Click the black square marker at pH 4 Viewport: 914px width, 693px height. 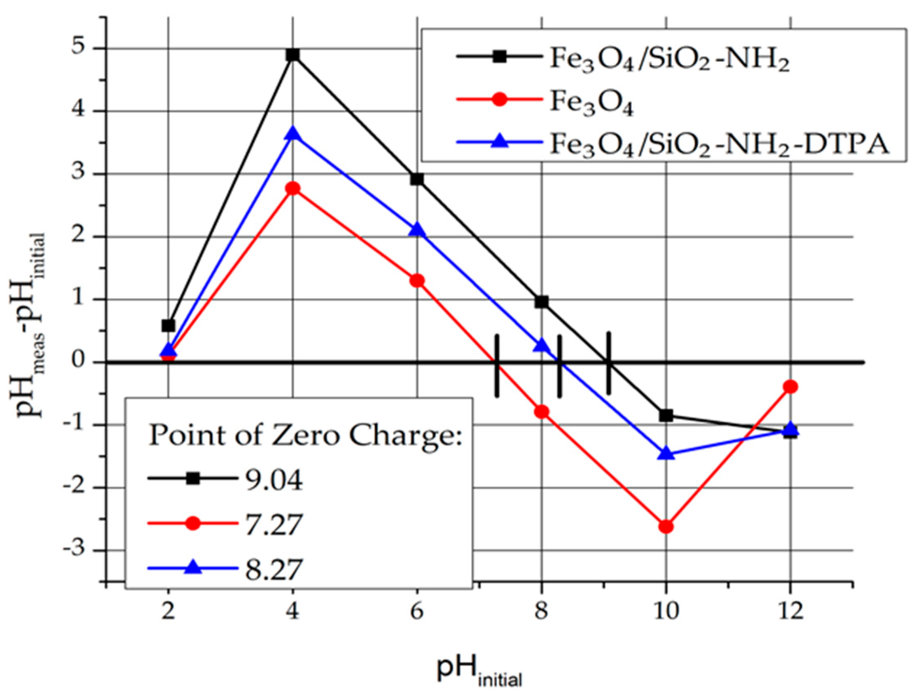[x=293, y=55]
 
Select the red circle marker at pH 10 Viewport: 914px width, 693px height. [x=666, y=526]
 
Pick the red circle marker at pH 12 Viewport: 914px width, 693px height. [x=790, y=386]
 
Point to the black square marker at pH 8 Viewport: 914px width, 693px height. [x=542, y=302]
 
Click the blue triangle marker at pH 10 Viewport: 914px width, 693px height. [x=666, y=454]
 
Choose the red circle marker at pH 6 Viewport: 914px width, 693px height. [x=418, y=281]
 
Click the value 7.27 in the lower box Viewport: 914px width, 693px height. [x=274, y=524]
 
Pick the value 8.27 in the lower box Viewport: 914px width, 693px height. [x=274, y=569]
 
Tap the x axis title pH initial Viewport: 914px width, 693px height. [x=479, y=670]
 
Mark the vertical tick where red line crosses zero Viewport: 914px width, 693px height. [x=497, y=365]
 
